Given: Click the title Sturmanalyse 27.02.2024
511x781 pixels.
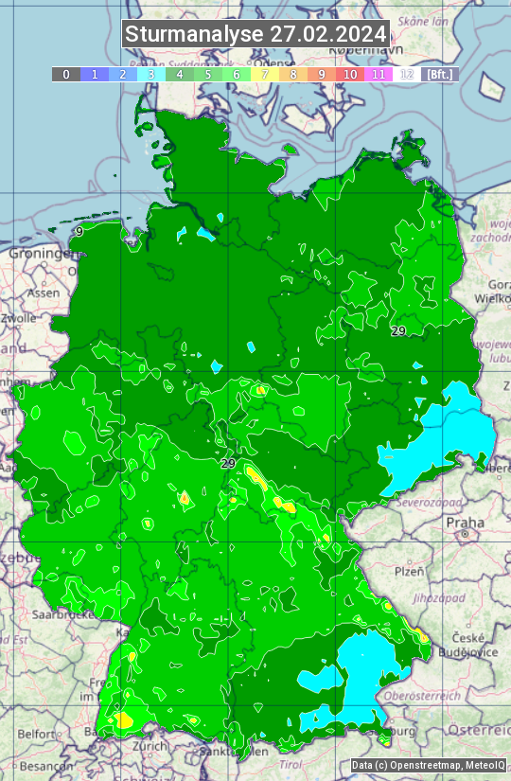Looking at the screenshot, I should click(255, 34).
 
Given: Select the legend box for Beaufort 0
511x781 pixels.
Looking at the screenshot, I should click(65, 74).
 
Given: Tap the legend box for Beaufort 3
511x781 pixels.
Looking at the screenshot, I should click(151, 74).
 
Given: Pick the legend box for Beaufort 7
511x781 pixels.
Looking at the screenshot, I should click(265, 74).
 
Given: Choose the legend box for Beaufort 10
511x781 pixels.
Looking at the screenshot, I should click(350, 74).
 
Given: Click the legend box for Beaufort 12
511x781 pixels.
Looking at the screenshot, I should click(407, 74).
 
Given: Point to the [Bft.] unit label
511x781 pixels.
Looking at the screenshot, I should click(440, 74).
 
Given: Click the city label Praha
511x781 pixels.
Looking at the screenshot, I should click(465, 522).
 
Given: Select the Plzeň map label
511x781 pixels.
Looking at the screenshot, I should click(408, 571).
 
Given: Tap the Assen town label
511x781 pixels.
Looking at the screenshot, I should click(43, 293).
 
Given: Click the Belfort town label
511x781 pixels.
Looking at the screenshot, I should click(36, 733).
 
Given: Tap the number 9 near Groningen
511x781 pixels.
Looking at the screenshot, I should click(79, 231).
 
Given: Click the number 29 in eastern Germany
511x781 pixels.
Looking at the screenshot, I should click(398, 330).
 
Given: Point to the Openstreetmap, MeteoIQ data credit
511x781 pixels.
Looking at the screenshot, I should click(429, 765).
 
